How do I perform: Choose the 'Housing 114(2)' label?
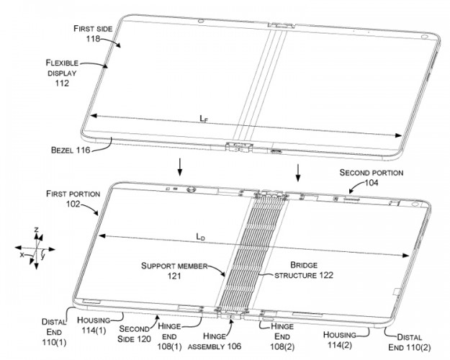pyautogui.click(x=345, y=339)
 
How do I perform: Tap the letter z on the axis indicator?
pyautogui.click(x=36, y=229)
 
